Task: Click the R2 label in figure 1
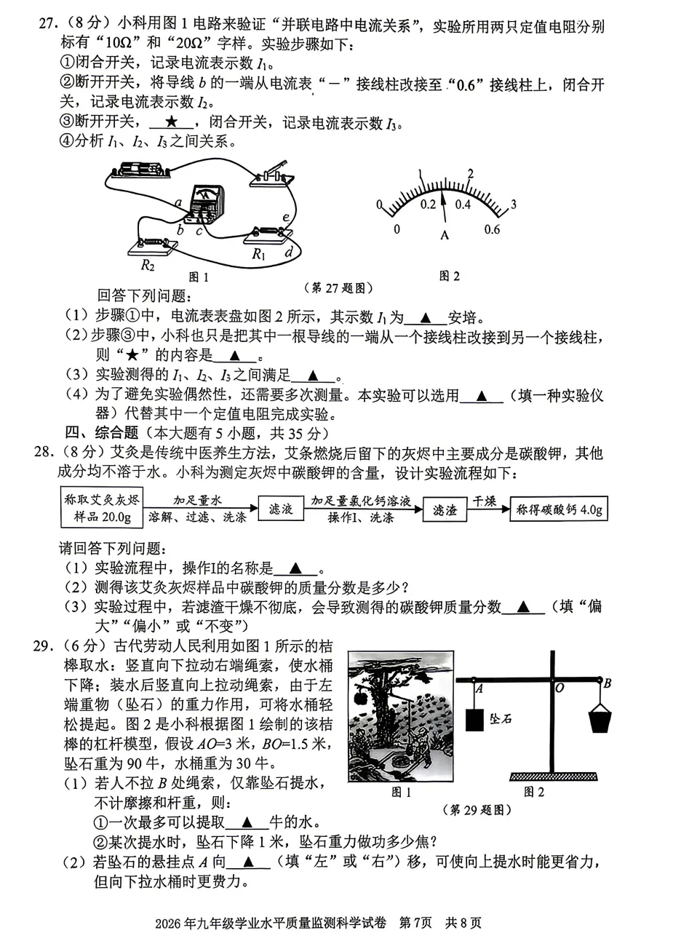click(x=148, y=266)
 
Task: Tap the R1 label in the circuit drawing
click(x=258, y=254)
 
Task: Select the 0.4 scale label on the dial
click(x=463, y=205)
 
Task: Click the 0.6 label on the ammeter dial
click(x=492, y=230)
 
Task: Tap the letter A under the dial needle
click(x=444, y=235)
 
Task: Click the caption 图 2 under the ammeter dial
click(x=449, y=276)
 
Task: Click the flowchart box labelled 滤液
click(x=280, y=509)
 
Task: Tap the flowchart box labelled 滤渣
click(x=445, y=510)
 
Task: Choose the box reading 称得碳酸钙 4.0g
click(x=559, y=509)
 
